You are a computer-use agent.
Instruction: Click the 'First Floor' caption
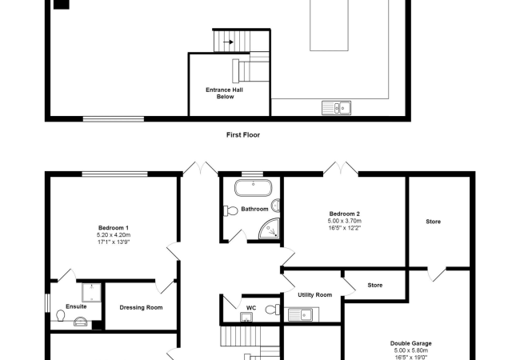pyautogui.click(x=243, y=135)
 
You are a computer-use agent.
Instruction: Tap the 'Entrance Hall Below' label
pyautogui.click(x=224, y=93)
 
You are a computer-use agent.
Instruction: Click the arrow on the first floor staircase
pyautogui.click(x=228, y=42)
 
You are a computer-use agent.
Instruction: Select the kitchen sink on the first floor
pyautogui.click(x=336, y=106)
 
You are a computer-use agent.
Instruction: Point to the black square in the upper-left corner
pyautogui.click(x=61, y=4)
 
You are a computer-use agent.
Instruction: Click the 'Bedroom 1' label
pyautogui.click(x=113, y=228)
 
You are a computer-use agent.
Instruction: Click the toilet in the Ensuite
pyautogui.click(x=62, y=318)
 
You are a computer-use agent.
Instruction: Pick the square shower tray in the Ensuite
pyautogui.click(x=91, y=292)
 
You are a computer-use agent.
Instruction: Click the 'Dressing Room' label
pyautogui.click(x=141, y=307)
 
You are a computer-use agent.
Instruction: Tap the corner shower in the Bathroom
pyautogui.click(x=272, y=230)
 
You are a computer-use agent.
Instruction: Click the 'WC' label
pyautogui.click(x=250, y=306)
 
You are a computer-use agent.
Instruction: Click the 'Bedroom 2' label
pyautogui.click(x=344, y=214)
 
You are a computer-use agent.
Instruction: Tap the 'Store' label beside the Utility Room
pyautogui.click(x=374, y=285)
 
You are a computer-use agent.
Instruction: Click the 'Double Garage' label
pyautogui.click(x=410, y=343)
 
